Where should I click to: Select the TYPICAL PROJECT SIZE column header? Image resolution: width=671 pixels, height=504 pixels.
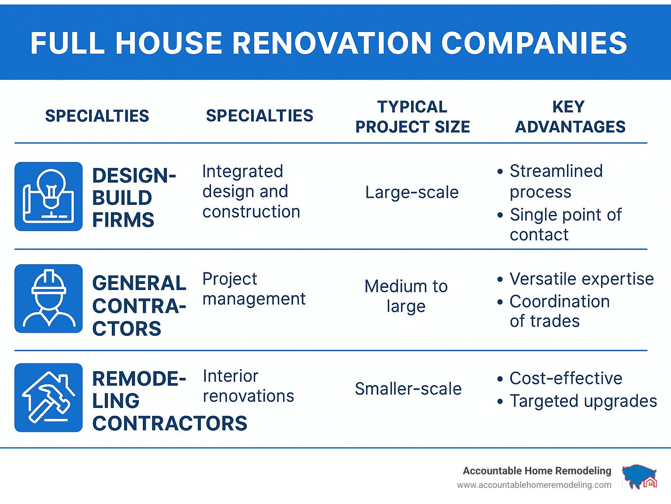[x=412, y=117]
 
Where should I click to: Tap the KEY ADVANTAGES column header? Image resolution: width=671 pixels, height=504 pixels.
[x=570, y=117]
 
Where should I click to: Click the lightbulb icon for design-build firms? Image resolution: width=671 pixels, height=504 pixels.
[x=48, y=196]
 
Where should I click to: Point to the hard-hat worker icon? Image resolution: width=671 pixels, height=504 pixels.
[x=48, y=298]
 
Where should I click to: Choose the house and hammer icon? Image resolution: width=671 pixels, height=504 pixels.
[x=48, y=397]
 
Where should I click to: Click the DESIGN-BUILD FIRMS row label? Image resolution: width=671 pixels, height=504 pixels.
[x=134, y=197]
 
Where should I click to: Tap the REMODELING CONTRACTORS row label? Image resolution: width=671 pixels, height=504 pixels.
[x=169, y=400]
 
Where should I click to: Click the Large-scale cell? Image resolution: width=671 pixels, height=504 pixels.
[x=412, y=192]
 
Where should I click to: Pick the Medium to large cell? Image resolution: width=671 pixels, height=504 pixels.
[x=406, y=296]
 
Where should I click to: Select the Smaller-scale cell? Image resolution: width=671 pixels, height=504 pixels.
[x=408, y=389]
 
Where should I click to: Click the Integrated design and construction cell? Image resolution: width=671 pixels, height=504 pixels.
[x=251, y=191]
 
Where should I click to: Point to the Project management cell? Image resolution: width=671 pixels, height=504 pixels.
[x=254, y=289]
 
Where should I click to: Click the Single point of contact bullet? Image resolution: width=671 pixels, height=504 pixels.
[x=559, y=224]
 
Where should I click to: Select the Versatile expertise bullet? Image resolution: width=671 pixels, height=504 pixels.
[x=575, y=279]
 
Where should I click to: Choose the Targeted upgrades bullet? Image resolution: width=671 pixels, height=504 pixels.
[x=577, y=401]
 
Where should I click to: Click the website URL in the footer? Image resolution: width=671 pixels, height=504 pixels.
[x=534, y=485]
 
